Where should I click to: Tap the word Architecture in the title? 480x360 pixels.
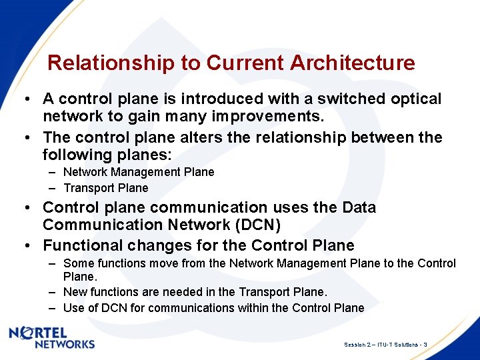[353, 63]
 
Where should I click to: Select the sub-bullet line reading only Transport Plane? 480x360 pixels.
[105, 188]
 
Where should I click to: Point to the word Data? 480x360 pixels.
[359, 208]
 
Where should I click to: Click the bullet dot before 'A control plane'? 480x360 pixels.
[25, 99]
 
